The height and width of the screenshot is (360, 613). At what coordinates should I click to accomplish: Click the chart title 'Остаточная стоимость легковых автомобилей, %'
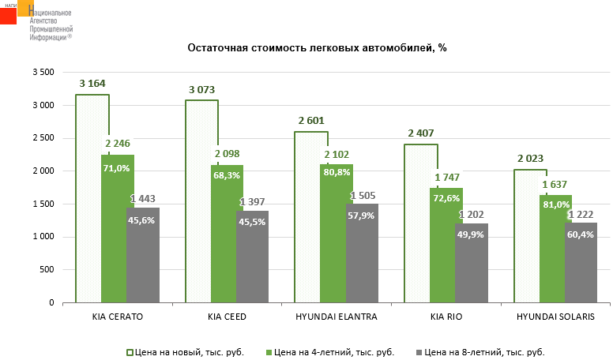point(317,48)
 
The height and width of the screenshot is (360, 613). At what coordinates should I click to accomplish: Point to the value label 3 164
point(92,84)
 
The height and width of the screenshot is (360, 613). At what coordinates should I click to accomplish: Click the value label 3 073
point(202,89)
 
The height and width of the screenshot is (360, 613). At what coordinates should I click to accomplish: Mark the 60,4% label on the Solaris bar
point(581,234)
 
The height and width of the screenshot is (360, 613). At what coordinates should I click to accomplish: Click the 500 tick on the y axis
point(48,270)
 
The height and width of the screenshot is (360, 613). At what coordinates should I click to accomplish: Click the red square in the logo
point(8,15)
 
